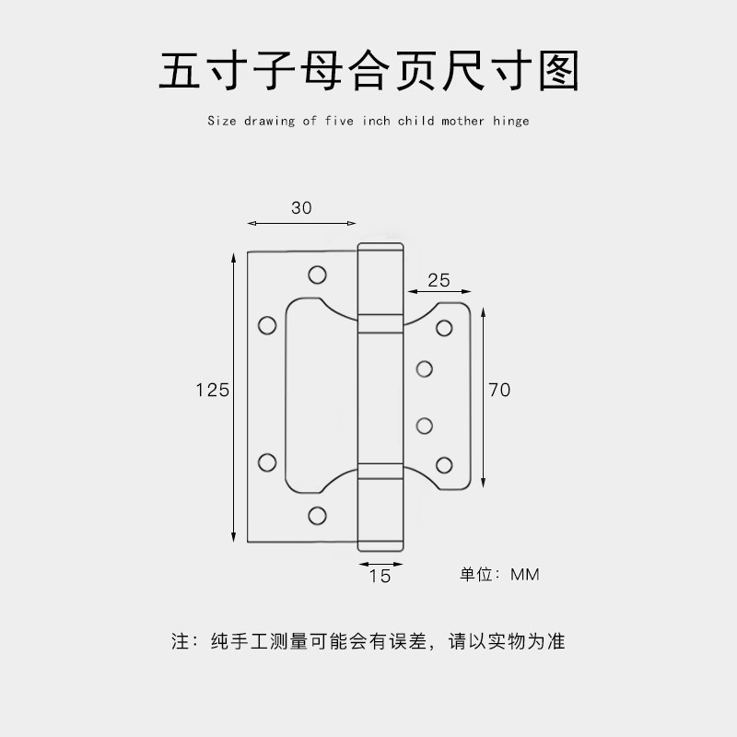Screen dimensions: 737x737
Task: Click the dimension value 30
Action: [301, 208]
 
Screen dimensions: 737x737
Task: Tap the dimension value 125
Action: [212, 390]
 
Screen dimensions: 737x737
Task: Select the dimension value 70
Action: [499, 390]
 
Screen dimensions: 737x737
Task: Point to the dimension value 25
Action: [439, 279]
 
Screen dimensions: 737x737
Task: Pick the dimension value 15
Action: [380, 577]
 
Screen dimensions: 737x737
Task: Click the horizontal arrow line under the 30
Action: [301, 223]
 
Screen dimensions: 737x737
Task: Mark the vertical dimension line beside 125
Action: [235, 396]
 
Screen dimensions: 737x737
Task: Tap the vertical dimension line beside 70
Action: [484, 396]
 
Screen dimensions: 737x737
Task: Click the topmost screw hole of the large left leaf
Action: [318, 275]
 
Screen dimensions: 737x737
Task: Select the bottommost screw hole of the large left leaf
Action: [318, 514]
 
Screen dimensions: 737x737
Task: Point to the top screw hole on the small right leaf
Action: [444, 327]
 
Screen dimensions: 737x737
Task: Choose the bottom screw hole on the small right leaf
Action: [444, 464]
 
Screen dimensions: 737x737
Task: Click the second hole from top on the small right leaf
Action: [425, 369]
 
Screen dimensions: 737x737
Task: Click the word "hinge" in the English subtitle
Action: [511, 121]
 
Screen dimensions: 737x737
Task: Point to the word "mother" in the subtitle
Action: [462, 121]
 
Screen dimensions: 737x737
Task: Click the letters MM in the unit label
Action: [524, 575]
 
